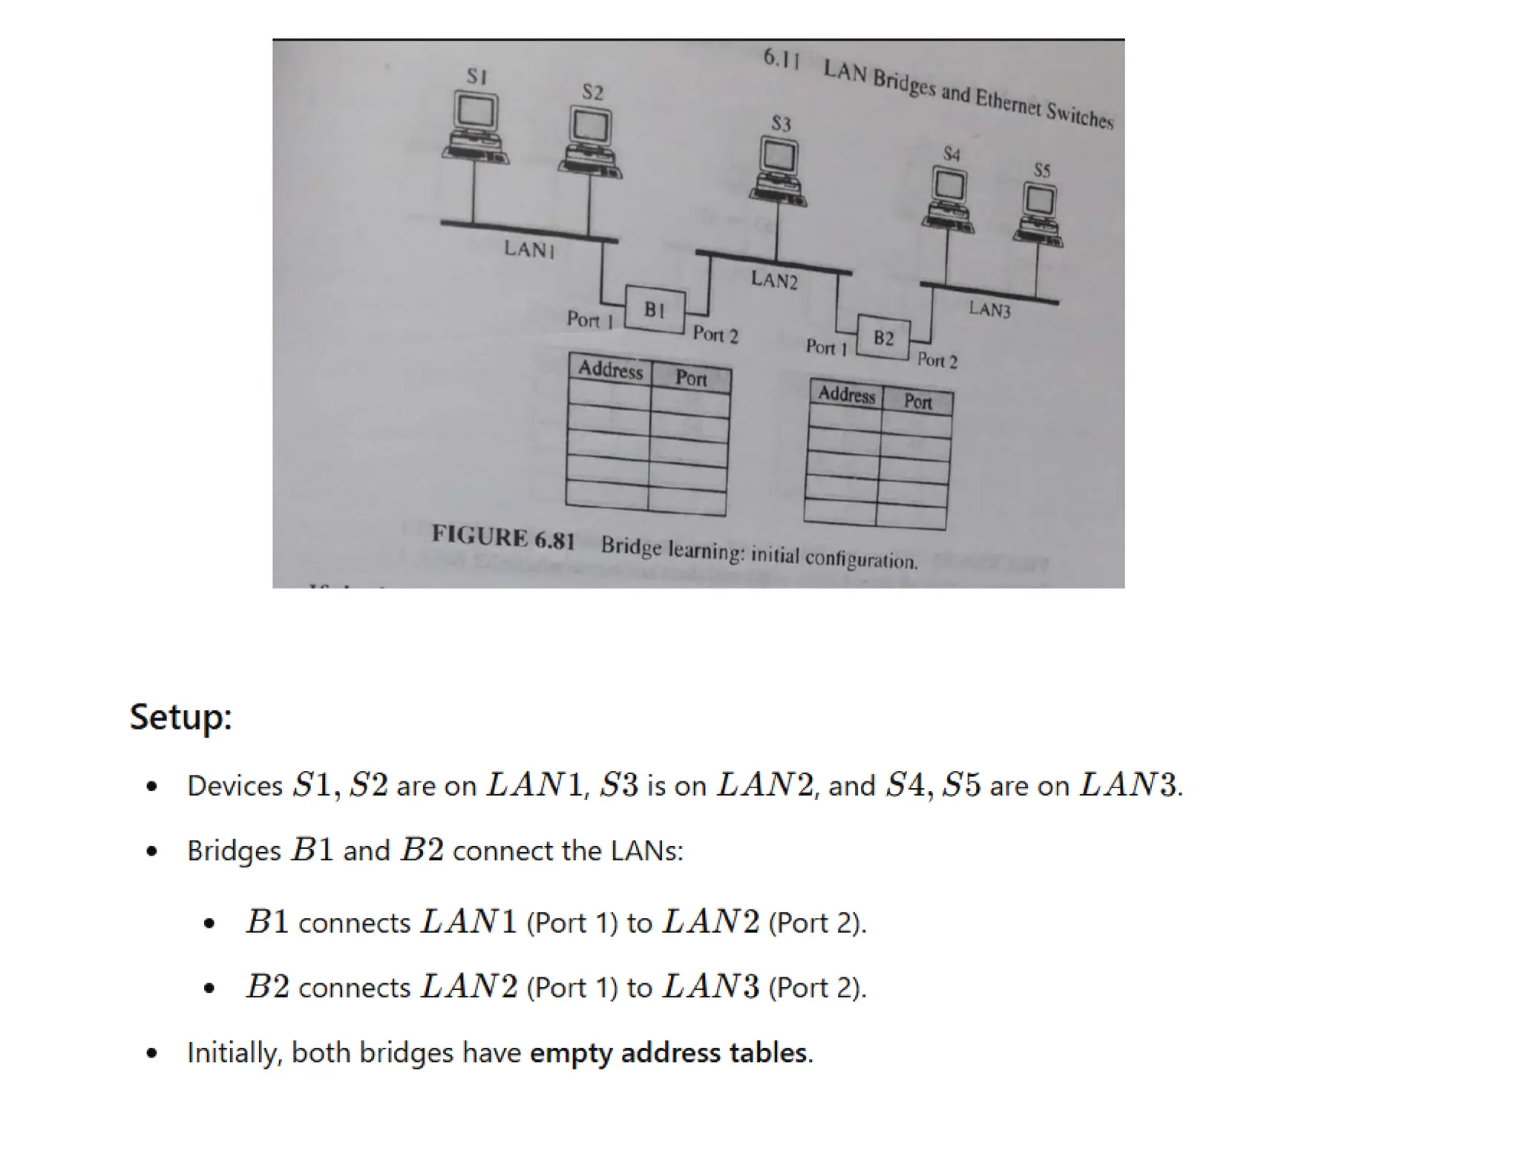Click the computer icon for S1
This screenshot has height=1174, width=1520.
pyautogui.click(x=475, y=126)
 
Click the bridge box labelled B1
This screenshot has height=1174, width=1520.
pyautogui.click(x=654, y=309)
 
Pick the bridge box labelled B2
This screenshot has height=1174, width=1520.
pyautogui.click(x=883, y=338)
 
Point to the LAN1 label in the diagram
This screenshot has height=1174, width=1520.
pyautogui.click(x=528, y=249)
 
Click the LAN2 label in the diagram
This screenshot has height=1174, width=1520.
pyautogui.click(x=773, y=280)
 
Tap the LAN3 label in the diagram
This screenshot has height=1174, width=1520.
pyautogui.click(x=989, y=309)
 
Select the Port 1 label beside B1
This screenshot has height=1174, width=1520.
pyautogui.click(x=589, y=320)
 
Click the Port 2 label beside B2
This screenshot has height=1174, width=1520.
pyautogui.click(x=937, y=361)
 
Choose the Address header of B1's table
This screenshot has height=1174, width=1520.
pyautogui.click(x=610, y=370)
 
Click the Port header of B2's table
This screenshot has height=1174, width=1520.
pyautogui.click(x=917, y=402)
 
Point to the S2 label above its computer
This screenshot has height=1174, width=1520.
pyautogui.click(x=592, y=92)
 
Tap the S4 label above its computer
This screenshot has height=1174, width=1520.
pyautogui.click(x=951, y=154)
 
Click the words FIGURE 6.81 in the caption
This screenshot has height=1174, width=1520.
pyautogui.click(x=503, y=537)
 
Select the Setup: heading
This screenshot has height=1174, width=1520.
pyautogui.click(x=180, y=717)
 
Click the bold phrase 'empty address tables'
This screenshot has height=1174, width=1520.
pyautogui.click(x=668, y=1053)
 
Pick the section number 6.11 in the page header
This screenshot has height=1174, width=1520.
pyautogui.click(x=781, y=58)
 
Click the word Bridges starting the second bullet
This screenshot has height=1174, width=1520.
pyautogui.click(x=234, y=851)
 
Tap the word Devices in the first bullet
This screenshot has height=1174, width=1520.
pyautogui.click(x=235, y=786)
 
